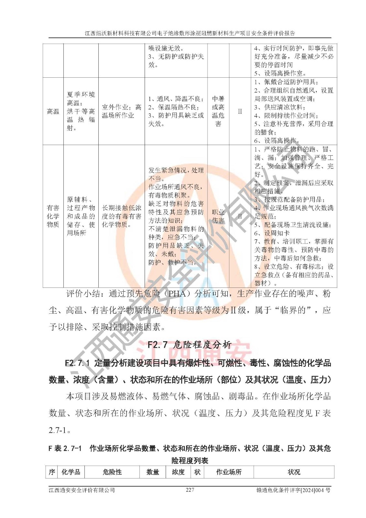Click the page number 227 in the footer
tap(190, 490)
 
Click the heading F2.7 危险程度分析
tap(189, 344)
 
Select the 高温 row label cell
tap(53, 111)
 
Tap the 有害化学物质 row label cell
tap(53, 216)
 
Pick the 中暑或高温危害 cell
tap(218, 111)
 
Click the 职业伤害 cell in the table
tap(218, 216)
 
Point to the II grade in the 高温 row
tap(240, 111)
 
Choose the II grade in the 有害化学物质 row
tap(240, 216)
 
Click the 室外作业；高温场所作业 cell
tap(121, 111)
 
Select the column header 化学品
tap(71, 472)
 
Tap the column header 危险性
tap(112, 472)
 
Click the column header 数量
tap(152, 472)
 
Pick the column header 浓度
tap(178, 472)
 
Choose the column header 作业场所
tap(229, 472)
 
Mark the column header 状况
tap(294, 472)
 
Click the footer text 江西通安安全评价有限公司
tap(82, 490)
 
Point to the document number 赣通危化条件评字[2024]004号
tap(293, 490)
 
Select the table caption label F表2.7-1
tap(65, 448)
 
